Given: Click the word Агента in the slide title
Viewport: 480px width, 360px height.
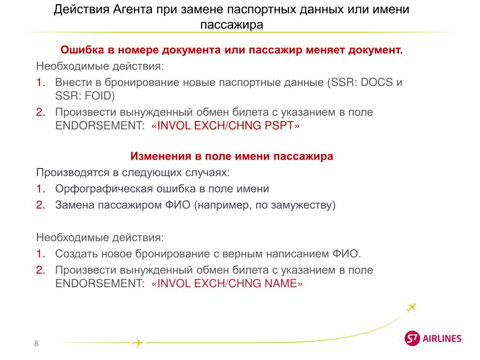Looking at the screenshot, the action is [133, 9].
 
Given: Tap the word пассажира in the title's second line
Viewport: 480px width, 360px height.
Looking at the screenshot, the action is [232, 24].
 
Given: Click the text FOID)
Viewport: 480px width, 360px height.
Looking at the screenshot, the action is [99, 96].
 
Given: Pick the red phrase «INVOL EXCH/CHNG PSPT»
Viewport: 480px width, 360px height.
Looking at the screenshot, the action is [225, 125].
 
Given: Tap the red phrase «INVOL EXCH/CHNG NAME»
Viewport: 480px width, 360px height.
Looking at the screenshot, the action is [227, 283].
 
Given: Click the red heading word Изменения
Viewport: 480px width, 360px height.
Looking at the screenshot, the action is [161, 156].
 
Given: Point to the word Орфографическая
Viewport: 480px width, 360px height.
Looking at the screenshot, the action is [104, 189].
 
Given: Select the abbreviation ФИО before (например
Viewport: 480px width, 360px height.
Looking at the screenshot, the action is [177, 205].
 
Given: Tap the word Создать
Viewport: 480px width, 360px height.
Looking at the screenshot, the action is [76, 253].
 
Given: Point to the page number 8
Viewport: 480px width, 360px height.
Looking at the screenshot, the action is [37, 344].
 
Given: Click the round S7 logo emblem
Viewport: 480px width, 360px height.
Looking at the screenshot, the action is [412, 338].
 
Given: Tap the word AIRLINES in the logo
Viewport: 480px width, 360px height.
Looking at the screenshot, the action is [442, 338].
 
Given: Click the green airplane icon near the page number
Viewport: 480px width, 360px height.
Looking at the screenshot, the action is [137, 343].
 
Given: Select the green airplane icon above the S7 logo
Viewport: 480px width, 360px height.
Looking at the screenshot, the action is [411, 307].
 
